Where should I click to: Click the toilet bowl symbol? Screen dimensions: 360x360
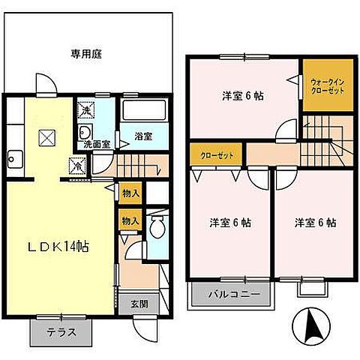pos(157,228)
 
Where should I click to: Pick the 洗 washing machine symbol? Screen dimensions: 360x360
pos(85,110)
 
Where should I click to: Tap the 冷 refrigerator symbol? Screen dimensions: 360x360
pos(76,166)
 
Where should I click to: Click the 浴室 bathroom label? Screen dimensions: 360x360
pos(143,136)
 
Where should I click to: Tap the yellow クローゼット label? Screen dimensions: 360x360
pos(214,155)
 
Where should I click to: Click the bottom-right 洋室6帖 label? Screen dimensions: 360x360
pos(315,223)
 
